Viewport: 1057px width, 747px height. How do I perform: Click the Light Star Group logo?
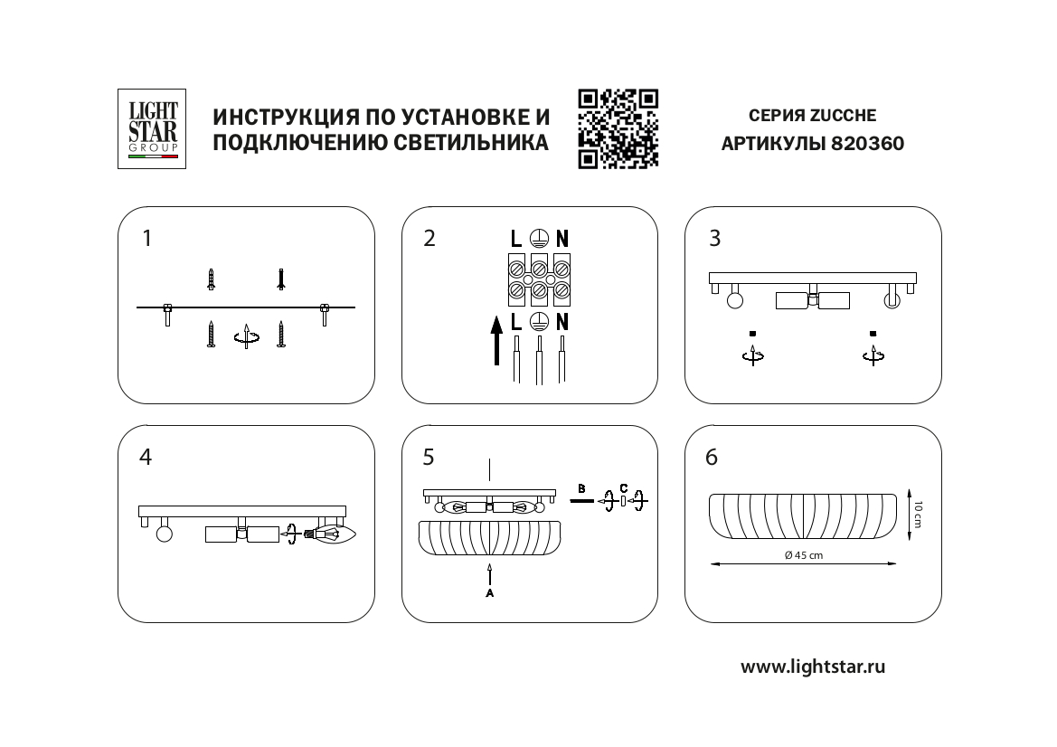click(153, 128)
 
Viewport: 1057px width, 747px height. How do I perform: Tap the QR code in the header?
click(618, 128)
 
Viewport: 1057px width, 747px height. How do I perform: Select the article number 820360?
click(867, 144)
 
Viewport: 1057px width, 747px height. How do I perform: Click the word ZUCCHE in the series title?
click(843, 116)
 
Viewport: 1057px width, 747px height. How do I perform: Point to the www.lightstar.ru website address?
click(813, 667)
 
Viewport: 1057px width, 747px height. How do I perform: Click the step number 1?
click(147, 239)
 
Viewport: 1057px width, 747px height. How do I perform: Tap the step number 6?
click(712, 458)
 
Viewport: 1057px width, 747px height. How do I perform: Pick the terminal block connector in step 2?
click(539, 279)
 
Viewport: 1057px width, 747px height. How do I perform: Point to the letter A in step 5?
click(489, 594)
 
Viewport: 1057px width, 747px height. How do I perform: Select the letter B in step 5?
click(581, 488)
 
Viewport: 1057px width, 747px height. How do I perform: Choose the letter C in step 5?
click(624, 488)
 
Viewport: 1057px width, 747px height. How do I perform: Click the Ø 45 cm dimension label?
click(804, 555)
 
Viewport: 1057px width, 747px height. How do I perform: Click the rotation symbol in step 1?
click(246, 337)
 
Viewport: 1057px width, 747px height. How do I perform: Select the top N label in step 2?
click(562, 240)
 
